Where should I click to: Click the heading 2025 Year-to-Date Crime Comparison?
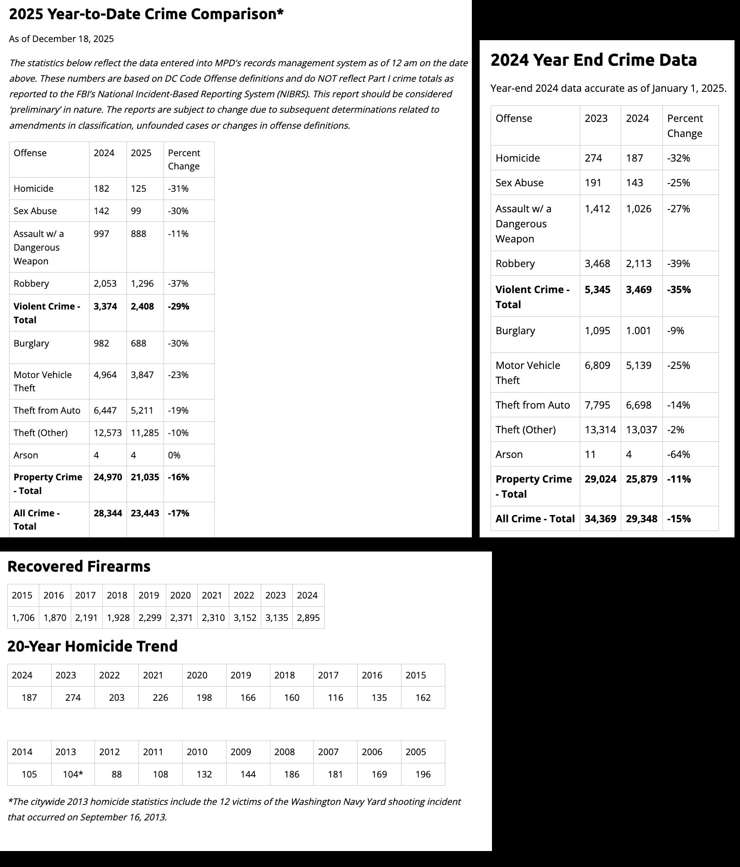point(146,14)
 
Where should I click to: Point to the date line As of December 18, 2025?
point(61,39)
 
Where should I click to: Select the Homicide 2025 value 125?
point(138,189)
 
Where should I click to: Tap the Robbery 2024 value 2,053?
point(105,284)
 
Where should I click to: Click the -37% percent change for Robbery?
point(178,284)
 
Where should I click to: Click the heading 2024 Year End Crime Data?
point(593,60)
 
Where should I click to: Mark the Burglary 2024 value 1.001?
point(638,331)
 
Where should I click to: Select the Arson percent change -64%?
point(678,454)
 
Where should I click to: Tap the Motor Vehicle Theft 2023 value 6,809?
point(597,365)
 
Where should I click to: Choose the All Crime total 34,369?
point(600,519)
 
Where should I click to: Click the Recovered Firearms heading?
point(79,566)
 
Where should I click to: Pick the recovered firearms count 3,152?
point(245,618)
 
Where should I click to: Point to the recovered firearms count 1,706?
point(23,618)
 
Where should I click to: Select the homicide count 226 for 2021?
point(160,698)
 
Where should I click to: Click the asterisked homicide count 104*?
point(73,774)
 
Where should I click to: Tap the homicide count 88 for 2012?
point(116,774)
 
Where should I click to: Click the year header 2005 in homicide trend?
point(416,752)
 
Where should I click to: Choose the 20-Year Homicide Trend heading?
point(92,646)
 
